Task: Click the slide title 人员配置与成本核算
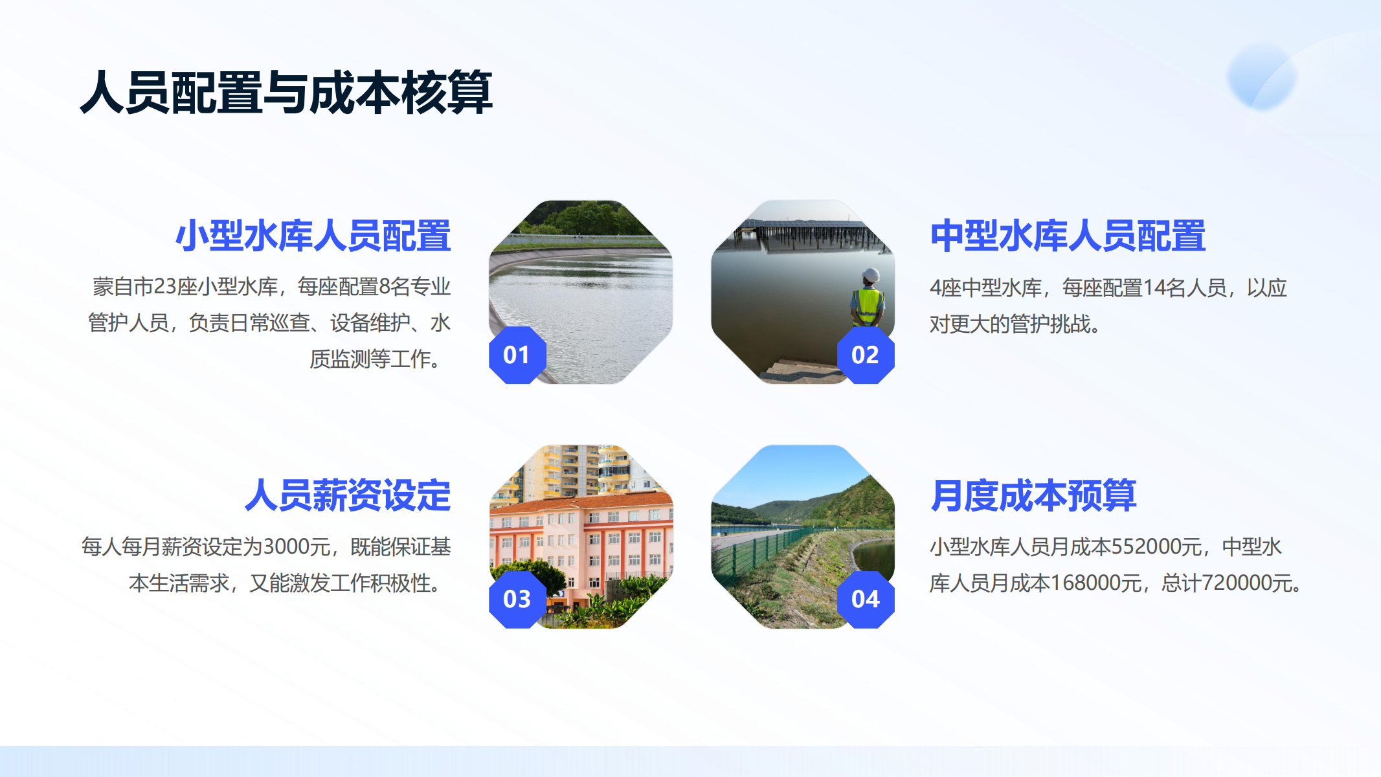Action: pos(286,93)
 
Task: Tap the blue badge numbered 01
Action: pos(517,355)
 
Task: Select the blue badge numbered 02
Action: pos(866,355)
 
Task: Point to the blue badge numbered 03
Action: pos(517,599)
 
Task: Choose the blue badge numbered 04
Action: pos(866,599)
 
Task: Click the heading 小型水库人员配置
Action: pos(313,236)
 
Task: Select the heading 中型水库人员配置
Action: pos(1068,236)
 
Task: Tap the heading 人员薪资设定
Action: pos(348,495)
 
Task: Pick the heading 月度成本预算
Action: pos(1033,495)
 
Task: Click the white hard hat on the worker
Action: pos(871,275)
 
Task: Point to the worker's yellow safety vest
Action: pos(868,306)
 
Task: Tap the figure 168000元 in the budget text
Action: pos(1095,583)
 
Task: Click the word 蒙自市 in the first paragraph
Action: pos(123,287)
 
